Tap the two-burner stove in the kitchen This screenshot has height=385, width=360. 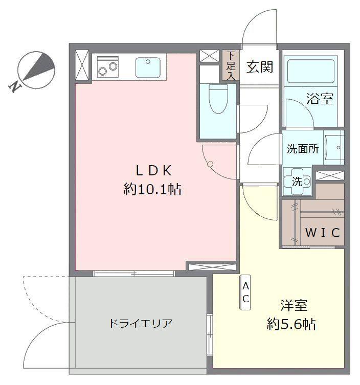tap(108, 67)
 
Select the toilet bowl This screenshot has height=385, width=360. tap(218, 99)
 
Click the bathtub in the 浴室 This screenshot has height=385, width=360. tap(310, 70)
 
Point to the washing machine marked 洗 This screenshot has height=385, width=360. tap(297, 182)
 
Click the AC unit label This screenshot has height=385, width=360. tap(245, 292)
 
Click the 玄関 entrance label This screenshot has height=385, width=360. tap(260, 67)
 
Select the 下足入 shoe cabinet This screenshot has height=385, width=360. tap(231, 65)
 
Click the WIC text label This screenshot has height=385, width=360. tap(323, 233)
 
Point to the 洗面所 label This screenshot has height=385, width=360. tap(303, 149)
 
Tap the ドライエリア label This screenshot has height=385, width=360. tap(141, 324)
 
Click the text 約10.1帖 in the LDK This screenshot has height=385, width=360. tap(152, 189)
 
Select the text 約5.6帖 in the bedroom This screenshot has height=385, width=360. tap(291, 324)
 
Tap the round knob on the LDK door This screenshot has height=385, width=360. tap(211, 164)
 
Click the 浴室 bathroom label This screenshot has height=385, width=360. tap(320, 99)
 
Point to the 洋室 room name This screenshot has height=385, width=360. tap(294, 305)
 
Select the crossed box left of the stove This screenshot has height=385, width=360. tap(81, 65)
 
